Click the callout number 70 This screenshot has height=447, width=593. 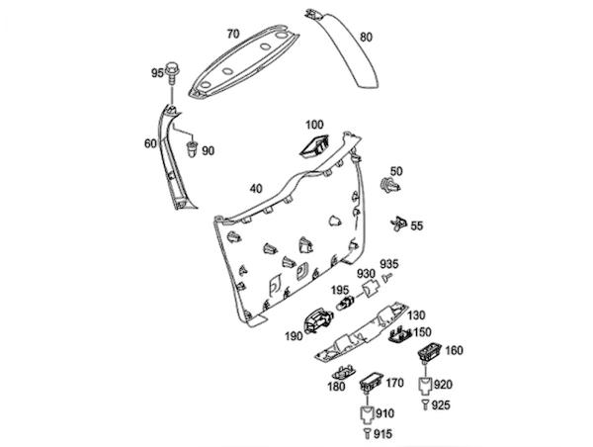point(233,34)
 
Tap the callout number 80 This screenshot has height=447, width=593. point(366,38)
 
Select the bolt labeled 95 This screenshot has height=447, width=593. point(175,72)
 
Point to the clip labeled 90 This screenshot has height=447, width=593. point(189,148)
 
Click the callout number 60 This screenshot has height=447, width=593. point(150,143)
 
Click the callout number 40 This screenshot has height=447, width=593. point(256,188)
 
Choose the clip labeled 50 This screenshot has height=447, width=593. point(391,187)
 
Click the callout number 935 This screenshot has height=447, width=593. point(390,264)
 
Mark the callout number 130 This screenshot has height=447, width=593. point(416,313)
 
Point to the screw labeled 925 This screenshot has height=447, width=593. point(424,405)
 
